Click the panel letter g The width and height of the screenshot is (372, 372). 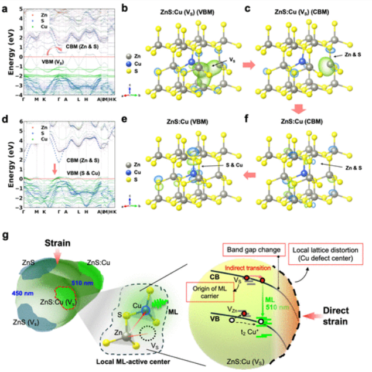pos(6,236)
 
